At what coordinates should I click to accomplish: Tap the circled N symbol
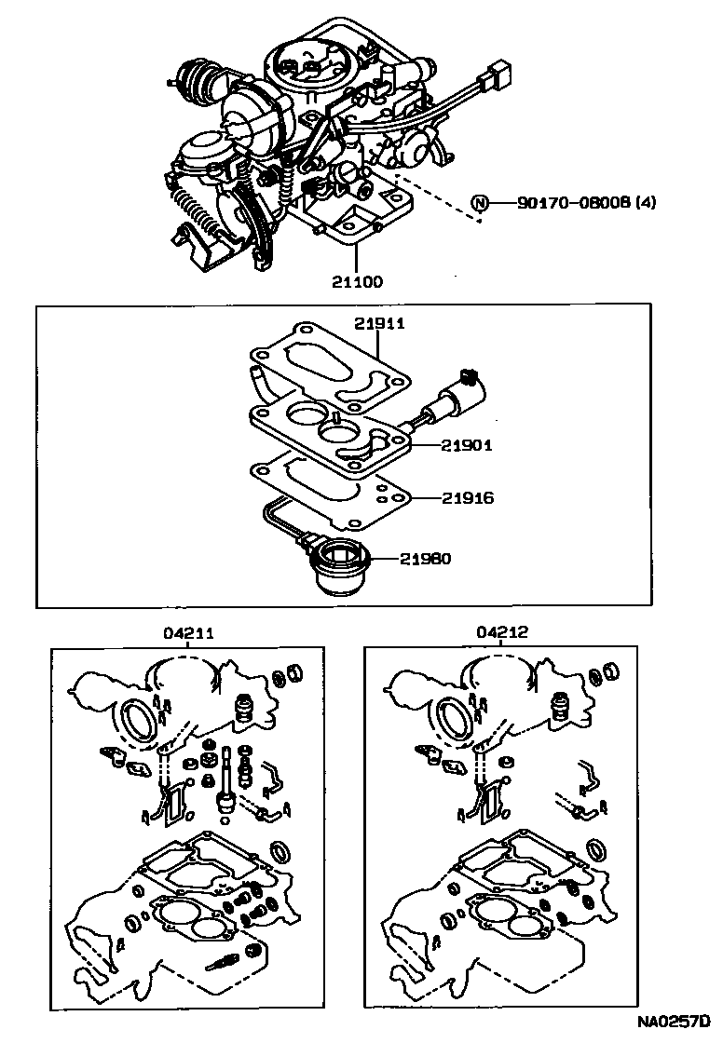coord(480,203)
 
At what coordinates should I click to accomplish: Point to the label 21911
coord(380,323)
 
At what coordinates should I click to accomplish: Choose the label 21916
coord(470,498)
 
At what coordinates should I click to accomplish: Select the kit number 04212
coord(502,632)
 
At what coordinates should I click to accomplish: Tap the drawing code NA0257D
coord(674,1024)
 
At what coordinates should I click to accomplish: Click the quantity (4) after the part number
coord(644,202)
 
